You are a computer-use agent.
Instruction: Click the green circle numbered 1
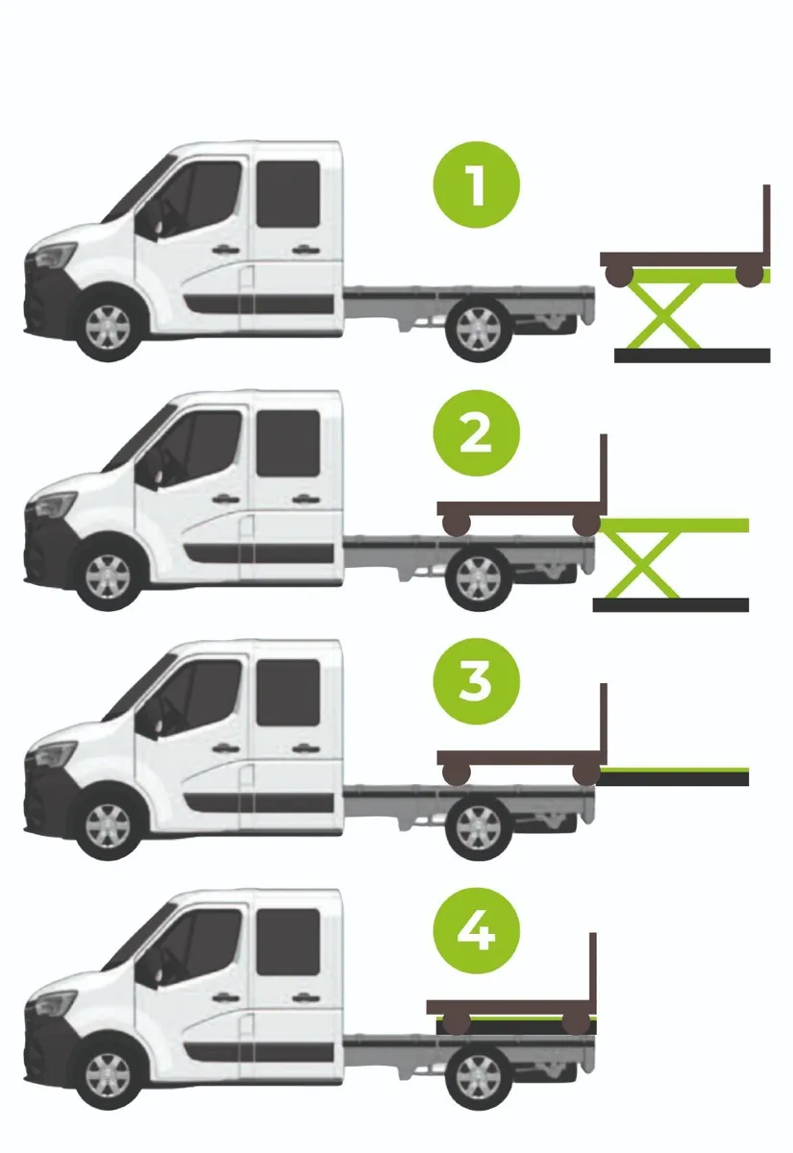(477, 184)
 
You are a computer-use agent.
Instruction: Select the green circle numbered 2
(477, 432)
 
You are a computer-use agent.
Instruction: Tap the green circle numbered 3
(477, 682)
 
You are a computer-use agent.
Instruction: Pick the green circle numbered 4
(477, 931)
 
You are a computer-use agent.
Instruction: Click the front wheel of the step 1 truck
(109, 328)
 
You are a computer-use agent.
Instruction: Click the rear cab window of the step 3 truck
(288, 693)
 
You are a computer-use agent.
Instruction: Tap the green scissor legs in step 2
(642, 565)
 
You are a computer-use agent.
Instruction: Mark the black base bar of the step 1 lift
(692, 356)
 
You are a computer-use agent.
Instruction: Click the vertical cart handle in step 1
(766, 226)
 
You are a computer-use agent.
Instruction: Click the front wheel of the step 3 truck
(109, 825)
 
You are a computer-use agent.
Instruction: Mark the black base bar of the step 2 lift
(671, 604)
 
